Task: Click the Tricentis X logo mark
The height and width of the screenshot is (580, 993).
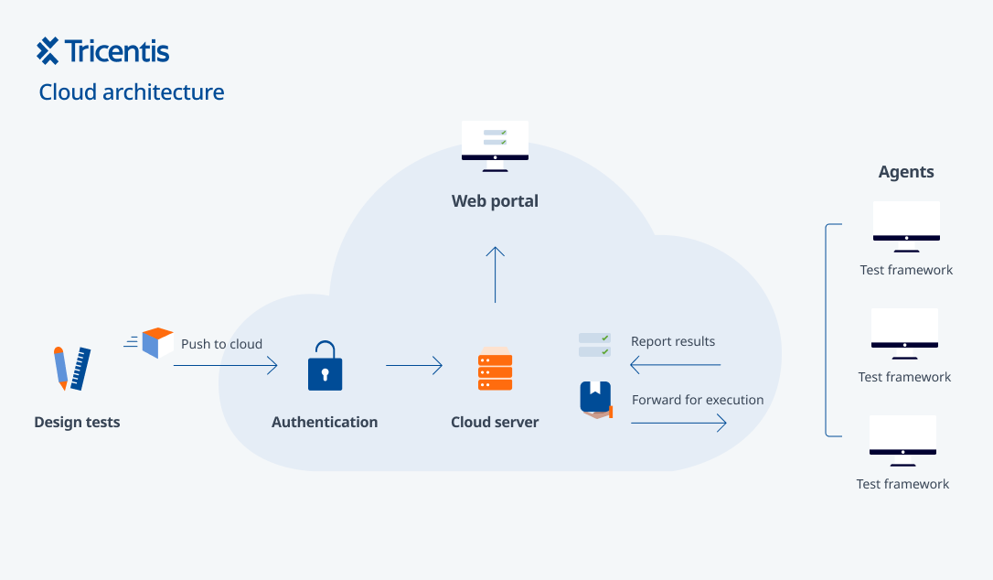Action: click(x=48, y=50)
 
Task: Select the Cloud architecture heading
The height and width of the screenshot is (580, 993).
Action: click(x=132, y=92)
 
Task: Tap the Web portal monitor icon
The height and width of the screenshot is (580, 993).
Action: click(x=495, y=145)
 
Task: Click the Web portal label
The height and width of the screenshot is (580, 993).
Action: click(x=495, y=201)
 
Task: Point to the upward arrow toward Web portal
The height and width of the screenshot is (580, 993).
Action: click(x=496, y=274)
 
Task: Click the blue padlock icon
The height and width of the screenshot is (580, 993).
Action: click(x=325, y=366)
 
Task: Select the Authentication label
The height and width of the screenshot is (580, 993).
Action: click(x=325, y=422)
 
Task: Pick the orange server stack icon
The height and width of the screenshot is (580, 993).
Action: click(x=496, y=369)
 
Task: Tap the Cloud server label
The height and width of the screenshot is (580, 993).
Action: click(x=495, y=422)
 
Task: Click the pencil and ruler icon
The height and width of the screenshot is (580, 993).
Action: click(x=72, y=369)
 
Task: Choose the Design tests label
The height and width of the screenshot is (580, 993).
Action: click(x=77, y=422)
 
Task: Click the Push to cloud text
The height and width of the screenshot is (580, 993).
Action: click(x=221, y=344)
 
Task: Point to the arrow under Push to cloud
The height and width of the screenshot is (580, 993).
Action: click(x=226, y=365)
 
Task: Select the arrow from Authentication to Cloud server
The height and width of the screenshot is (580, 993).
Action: click(x=414, y=365)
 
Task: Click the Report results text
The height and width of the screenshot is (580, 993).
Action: click(x=673, y=341)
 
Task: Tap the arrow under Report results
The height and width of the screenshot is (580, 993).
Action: click(x=675, y=365)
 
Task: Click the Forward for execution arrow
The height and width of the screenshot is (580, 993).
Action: click(x=678, y=423)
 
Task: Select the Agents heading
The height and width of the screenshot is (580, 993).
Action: click(x=906, y=172)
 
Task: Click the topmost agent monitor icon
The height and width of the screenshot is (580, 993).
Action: click(x=906, y=227)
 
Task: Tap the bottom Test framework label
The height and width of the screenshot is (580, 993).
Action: click(x=903, y=484)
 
